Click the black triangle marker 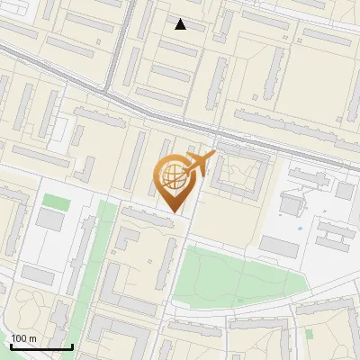point(180,24)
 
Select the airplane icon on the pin point(200,164)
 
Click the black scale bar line point(41,346)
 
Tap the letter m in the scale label point(33,338)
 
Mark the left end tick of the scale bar point(11,345)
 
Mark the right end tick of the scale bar point(72,345)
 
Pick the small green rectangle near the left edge point(56,201)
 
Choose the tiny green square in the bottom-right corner point(309,334)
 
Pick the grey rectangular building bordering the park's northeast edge point(278,246)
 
